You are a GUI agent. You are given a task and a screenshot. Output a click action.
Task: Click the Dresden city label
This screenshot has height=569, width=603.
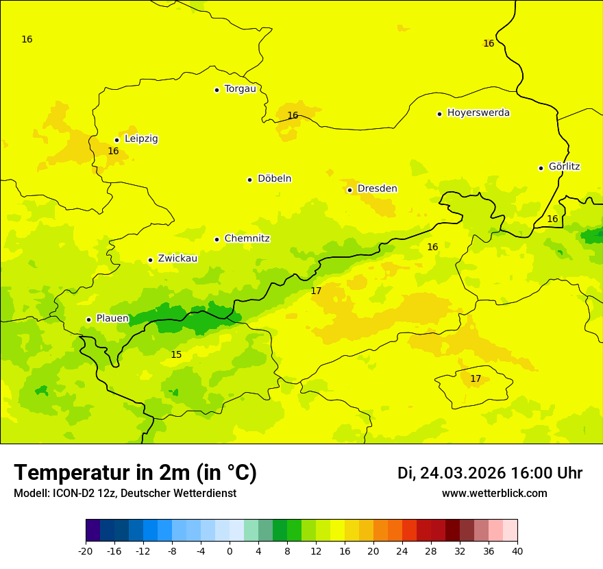[377, 189]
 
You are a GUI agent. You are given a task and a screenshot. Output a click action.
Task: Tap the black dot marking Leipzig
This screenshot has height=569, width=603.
[116, 140]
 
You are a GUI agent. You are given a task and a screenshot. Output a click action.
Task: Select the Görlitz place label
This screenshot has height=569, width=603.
[564, 167]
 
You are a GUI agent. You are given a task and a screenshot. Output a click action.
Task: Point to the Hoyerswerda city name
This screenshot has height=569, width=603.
[478, 113]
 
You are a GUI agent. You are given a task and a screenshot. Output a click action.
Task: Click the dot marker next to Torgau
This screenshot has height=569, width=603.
[217, 90]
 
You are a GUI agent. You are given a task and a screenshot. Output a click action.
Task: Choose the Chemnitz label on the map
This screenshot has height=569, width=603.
[247, 239]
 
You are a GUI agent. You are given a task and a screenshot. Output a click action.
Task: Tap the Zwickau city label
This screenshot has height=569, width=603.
[177, 258]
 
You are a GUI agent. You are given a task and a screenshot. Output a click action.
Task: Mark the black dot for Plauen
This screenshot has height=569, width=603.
[88, 319]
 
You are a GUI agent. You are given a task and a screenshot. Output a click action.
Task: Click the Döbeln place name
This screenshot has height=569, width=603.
[274, 179]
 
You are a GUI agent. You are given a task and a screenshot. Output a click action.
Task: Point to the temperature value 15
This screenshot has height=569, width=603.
[176, 354]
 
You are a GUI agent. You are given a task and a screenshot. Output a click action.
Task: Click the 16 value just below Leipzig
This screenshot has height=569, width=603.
[113, 151]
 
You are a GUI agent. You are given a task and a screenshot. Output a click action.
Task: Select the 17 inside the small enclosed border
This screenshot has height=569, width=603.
[476, 378]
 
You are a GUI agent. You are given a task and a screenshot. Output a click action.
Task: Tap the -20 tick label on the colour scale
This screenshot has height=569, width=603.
[85, 550]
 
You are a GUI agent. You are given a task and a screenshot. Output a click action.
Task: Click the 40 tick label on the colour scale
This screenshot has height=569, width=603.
[517, 550]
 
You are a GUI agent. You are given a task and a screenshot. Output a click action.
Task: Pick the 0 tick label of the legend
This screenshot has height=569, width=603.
[230, 550]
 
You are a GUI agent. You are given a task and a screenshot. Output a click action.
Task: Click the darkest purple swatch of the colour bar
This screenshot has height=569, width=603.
[93, 530]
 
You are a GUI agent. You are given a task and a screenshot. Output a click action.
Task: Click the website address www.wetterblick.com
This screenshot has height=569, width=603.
[494, 494]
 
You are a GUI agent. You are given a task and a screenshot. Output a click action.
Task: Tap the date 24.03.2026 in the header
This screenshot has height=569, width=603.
[463, 473]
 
